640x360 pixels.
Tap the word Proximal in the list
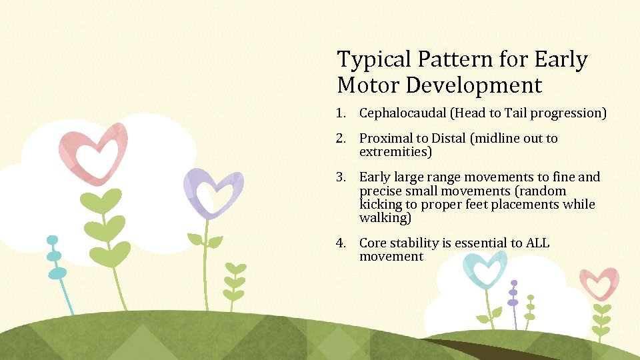pyautogui.click(x=385, y=139)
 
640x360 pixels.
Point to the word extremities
pyautogui.click(x=395, y=152)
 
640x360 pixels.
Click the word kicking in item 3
pyautogui.click(x=380, y=205)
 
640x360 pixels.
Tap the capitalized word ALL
pyautogui.click(x=537, y=243)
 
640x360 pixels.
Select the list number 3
pyautogui.click(x=341, y=177)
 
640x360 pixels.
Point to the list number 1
pyautogui.click(x=341, y=113)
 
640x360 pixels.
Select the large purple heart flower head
pyautogui.click(x=213, y=192)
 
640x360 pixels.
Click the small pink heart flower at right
pyautogui.click(x=599, y=284)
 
